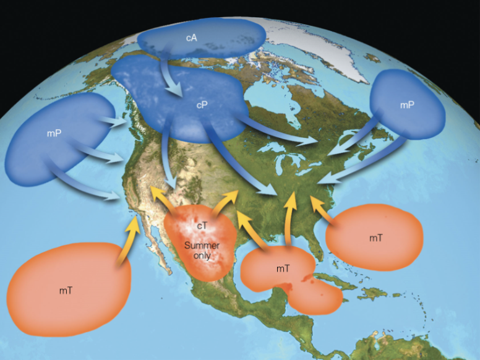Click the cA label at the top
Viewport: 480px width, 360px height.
(192, 38)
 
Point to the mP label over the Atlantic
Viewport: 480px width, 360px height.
(406, 105)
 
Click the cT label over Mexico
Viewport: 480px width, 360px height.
(202, 226)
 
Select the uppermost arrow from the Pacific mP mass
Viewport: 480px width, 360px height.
(113, 122)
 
